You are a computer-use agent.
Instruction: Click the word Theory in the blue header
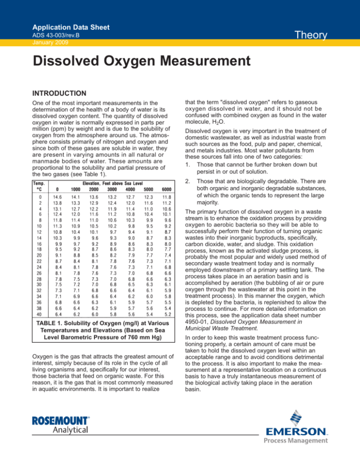(328, 36)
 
